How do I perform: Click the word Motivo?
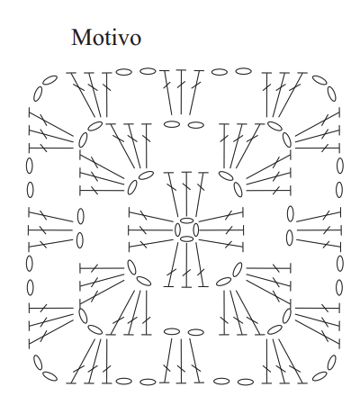(106, 37)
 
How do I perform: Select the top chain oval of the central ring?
(186, 220)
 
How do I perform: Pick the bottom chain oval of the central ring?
(187, 238)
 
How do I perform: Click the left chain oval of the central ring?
(177, 230)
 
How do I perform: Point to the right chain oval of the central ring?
(196, 230)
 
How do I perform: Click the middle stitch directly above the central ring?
(186, 195)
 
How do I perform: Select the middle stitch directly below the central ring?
(186, 265)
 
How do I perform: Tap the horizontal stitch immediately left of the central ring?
(151, 230)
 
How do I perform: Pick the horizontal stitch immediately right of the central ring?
(221, 230)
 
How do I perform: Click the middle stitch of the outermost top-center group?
(181, 92)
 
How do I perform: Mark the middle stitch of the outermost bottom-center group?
(181, 361)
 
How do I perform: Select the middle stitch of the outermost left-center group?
(50, 230)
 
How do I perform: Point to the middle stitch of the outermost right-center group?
(319, 230)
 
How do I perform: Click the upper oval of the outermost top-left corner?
(49, 80)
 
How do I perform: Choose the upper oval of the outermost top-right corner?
(319, 80)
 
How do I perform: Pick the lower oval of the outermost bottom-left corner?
(49, 376)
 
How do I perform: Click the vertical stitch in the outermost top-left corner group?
(106, 94)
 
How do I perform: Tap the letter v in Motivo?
(122, 40)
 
